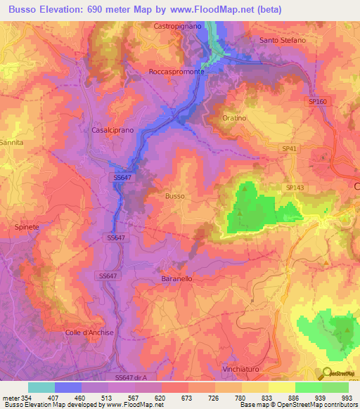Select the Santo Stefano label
coord(283,40)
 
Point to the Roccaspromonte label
coord(176,72)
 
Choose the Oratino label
coord(234,118)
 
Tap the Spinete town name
coord(27,228)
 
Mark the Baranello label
coord(172,278)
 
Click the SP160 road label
coord(318,102)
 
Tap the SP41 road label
coord(290,149)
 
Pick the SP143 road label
coord(295,188)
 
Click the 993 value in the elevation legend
coord(347,397)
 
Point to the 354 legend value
coord(22,397)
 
